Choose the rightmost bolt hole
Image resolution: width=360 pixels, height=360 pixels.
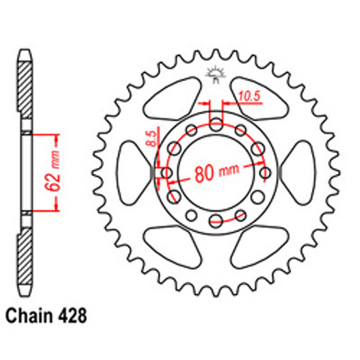[x=266, y=173]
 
